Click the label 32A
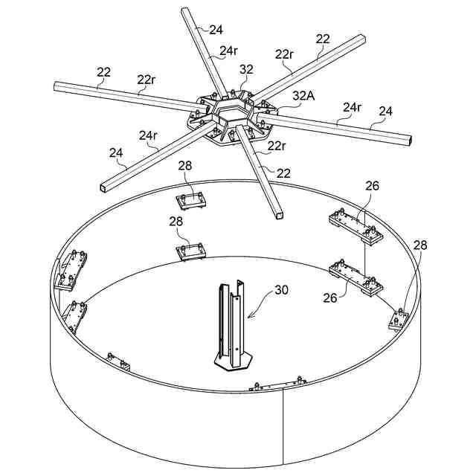303,96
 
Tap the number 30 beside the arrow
281,290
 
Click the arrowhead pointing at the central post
251,315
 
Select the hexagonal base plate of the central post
233,361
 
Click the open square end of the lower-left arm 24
104,187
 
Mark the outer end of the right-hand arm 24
410,141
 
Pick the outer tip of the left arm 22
54,86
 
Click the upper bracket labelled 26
356,226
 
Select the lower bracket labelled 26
356,277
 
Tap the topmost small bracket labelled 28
191,200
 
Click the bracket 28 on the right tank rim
399,321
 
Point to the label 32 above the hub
246,69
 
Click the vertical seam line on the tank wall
283,431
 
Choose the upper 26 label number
372,185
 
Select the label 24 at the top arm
216,30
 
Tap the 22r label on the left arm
147,80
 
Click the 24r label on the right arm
352,107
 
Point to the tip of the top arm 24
185,10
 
